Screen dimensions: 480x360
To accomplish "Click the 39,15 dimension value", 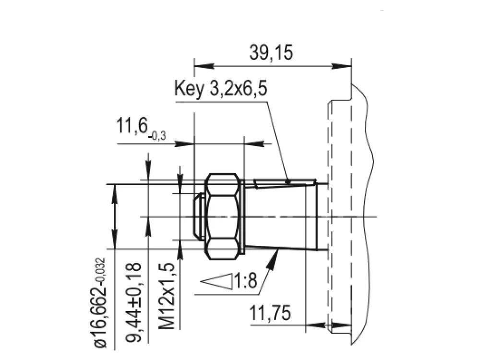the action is [x=271, y=52].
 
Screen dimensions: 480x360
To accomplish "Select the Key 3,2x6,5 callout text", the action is [x=221, y=88].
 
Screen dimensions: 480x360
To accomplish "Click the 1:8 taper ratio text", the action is [x=245, y=281].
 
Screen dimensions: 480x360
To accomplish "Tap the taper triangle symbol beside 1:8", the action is [x=216, y=280].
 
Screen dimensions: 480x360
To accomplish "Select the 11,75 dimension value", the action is [x=270, y=313].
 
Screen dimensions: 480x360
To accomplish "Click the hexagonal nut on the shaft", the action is [x=222, y=216].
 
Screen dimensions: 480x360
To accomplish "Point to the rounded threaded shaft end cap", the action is [x=199, y=216].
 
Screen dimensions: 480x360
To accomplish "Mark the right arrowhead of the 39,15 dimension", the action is [x=342, y=66].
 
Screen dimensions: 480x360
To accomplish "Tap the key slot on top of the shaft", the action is [x=285, y=183].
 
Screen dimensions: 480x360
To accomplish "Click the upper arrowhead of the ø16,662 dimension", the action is [x=114, y=193].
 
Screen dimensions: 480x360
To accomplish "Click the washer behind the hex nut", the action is [x=243, y=216].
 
